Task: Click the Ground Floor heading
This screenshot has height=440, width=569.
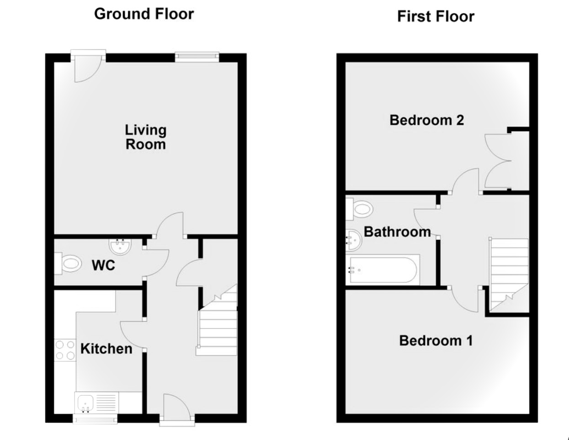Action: click(x=144, y=14)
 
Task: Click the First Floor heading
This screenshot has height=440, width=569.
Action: click(x=436, y=16)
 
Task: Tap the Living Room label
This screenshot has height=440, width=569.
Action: click(x=146, y=137)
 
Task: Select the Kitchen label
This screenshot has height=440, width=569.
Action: click(x=106, y=349)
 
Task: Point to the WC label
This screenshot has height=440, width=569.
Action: click(x=103, y=265)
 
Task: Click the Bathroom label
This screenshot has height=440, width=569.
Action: click(x=397, y=232)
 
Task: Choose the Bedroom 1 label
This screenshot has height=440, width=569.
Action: click(x=436, y=340)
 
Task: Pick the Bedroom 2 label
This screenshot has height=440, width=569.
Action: click(x=427, y=120)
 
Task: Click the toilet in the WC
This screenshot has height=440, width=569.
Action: click(x=68, y=263)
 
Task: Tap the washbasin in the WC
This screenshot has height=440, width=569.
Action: click(x=120, y=247)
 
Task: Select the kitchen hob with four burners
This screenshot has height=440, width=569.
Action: click(x=65, y=350)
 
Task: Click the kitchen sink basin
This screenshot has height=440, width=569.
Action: click(x=85, y=403)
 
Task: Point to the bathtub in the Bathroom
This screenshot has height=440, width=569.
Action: click(x=383, y=270)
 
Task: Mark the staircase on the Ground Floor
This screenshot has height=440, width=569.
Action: click(x=217, y=320)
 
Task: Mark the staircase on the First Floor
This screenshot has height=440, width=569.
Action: click(x=509, y=275)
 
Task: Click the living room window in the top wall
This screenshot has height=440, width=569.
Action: click(x=197, y=57)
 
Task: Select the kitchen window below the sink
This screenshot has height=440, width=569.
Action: click(x=95, y=419)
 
